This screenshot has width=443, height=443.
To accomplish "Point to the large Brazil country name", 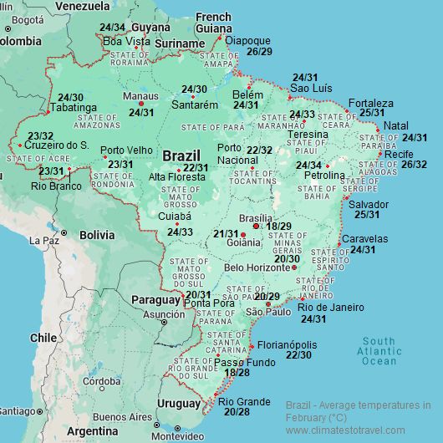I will (x=181, y=156).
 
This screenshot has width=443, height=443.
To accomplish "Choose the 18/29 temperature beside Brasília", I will (x=278, y=227).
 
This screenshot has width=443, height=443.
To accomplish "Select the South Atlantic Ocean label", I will (x=379, y=351).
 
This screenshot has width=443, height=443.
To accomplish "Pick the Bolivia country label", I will (x=98, y=235).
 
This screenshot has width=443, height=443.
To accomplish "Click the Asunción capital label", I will (x=164, y=314).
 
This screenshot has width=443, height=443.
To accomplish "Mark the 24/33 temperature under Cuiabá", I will (x=180, y=232).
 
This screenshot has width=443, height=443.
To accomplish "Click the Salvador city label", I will (x=369, y=204).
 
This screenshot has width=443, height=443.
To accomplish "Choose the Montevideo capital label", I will (x=178, y=436).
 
